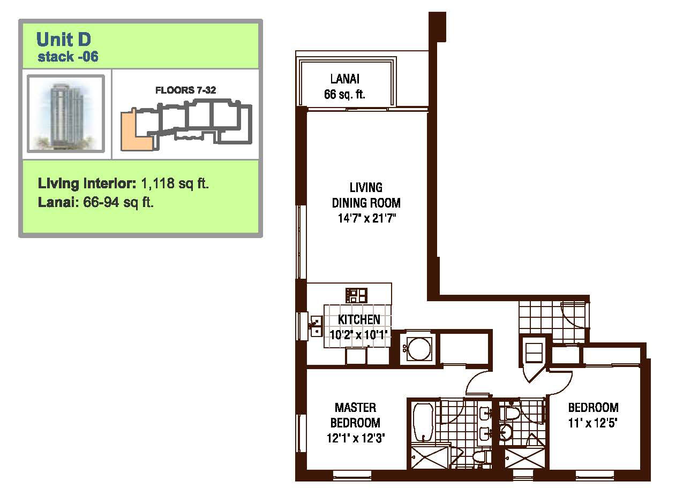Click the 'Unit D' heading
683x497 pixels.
click(63, 39)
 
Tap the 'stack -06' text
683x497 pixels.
click(67, 57)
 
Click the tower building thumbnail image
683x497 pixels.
click(66, 113)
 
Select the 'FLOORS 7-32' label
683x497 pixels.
click(185, 90)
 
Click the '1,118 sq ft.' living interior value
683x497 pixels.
click(175, 183)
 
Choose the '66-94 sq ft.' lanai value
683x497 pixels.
click(118, 202)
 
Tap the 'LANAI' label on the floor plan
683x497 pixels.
click(345, 79)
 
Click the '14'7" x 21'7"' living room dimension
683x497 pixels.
click(366, 218)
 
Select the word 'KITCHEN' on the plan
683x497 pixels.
click(359, 319)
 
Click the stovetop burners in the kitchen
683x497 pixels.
click(356, 295)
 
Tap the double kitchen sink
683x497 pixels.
click(316, 326)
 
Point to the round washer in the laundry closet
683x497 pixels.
click(419, 349)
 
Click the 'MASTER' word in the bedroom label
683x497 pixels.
click(355, 408)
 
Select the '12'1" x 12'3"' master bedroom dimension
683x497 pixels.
click(356, 438)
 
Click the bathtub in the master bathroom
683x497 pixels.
click(423, 423)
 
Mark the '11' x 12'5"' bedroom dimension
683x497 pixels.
click(593, 423)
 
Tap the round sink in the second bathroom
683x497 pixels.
click(505, 432)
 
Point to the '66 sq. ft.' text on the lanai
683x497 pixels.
click(344, 94)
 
